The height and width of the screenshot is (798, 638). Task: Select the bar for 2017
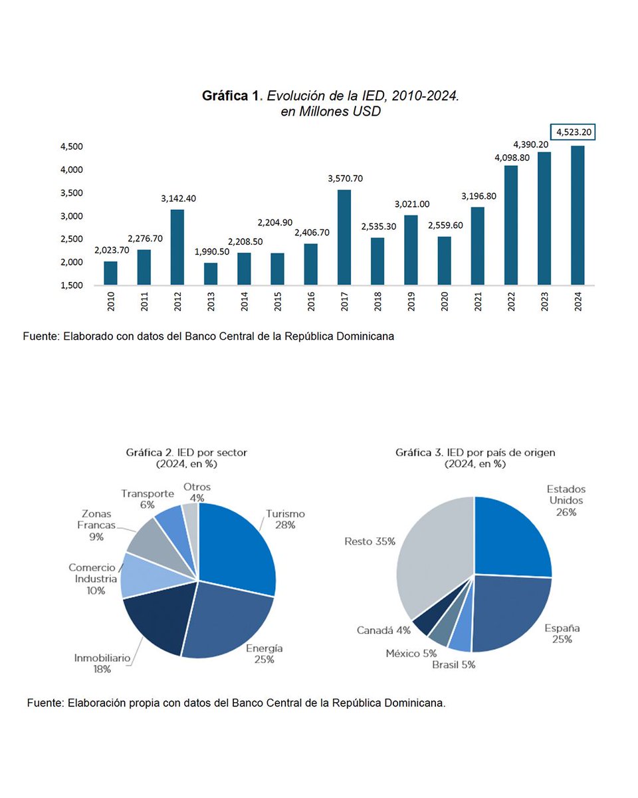click(344, 237)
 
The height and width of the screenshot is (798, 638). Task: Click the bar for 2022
click(511, 225)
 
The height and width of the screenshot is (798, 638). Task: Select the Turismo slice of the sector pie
click(236, 545)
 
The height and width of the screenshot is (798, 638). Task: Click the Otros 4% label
click(197, 492)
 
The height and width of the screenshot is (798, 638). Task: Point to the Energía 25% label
click(265, 654)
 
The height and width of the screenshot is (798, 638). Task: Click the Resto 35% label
click(370, 541)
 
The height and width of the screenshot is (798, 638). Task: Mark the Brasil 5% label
click(454, 664)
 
